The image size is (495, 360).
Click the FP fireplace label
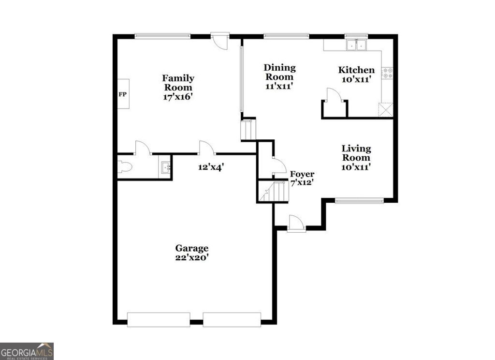123,94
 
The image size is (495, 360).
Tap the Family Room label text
178,83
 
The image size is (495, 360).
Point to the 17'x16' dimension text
178,96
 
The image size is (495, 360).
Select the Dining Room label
279,72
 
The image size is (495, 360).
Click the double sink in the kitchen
356,45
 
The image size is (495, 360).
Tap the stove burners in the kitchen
387,73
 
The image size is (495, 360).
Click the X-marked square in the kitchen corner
386,110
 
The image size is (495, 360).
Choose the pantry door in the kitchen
334,96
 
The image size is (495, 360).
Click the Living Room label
356,153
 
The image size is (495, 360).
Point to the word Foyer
302,174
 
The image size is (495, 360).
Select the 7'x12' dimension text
302,183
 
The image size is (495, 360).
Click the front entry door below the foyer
296,224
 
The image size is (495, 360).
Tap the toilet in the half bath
124,167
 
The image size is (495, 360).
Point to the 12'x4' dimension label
210,167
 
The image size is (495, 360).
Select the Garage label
192,248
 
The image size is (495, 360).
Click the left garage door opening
158,319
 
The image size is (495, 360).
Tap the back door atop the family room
220,41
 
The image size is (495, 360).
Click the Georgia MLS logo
27,351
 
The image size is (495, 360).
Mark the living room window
359,200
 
